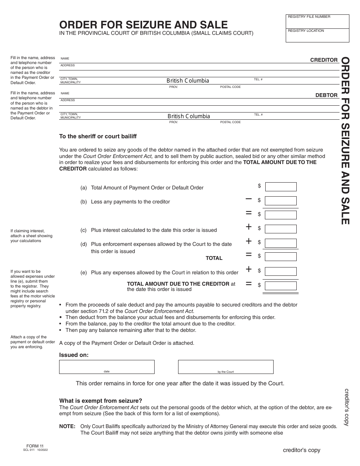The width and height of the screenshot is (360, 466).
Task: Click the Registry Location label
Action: click(306, 31)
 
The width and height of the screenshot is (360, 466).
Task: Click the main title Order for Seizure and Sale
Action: click(143, 25)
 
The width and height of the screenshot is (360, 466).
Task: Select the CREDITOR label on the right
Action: click(324, 60)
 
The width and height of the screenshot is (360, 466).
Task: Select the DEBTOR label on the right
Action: click(326, 95)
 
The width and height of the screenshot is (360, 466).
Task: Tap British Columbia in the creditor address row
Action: click(188, 81)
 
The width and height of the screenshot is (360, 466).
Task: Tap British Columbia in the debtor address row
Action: click(188, 116)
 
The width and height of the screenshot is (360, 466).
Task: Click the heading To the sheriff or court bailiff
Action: click(98, 136)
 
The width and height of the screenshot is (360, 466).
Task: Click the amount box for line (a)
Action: click(280, 187)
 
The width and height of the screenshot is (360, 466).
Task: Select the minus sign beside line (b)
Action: click(249, 199)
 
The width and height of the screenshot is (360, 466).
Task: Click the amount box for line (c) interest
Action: click(280, 229)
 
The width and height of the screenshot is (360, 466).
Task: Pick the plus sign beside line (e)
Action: click(249, 269)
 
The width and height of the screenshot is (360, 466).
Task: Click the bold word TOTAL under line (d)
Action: click(214, 258)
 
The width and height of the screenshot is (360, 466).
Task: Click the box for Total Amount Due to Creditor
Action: click(280, 285)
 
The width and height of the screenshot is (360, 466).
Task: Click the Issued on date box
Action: click(106, 367)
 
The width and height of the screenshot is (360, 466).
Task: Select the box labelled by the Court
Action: click(225, 367)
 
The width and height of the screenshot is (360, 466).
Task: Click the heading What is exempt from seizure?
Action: click(100, 400)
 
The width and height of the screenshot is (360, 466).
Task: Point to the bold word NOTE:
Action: click(67, 426)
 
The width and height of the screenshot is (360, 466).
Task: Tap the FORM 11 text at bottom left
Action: click(32, 446)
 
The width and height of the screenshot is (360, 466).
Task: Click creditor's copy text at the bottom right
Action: click(301, 450)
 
